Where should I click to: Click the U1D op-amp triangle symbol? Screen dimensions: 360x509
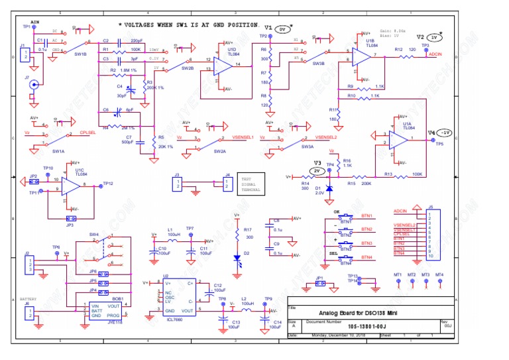click(x=225, y=64)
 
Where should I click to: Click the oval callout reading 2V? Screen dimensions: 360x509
click(x=317, y=170)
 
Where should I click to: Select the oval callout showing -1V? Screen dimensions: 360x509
click(x=446, y=132)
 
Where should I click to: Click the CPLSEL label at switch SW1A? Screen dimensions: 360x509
click(x=87, y=133)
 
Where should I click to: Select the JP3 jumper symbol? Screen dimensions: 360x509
click(x=71, y=217)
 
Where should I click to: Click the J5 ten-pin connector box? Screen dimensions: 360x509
click(x=435, y=233)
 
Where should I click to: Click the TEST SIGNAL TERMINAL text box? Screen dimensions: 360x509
click(x=251, y=184)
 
